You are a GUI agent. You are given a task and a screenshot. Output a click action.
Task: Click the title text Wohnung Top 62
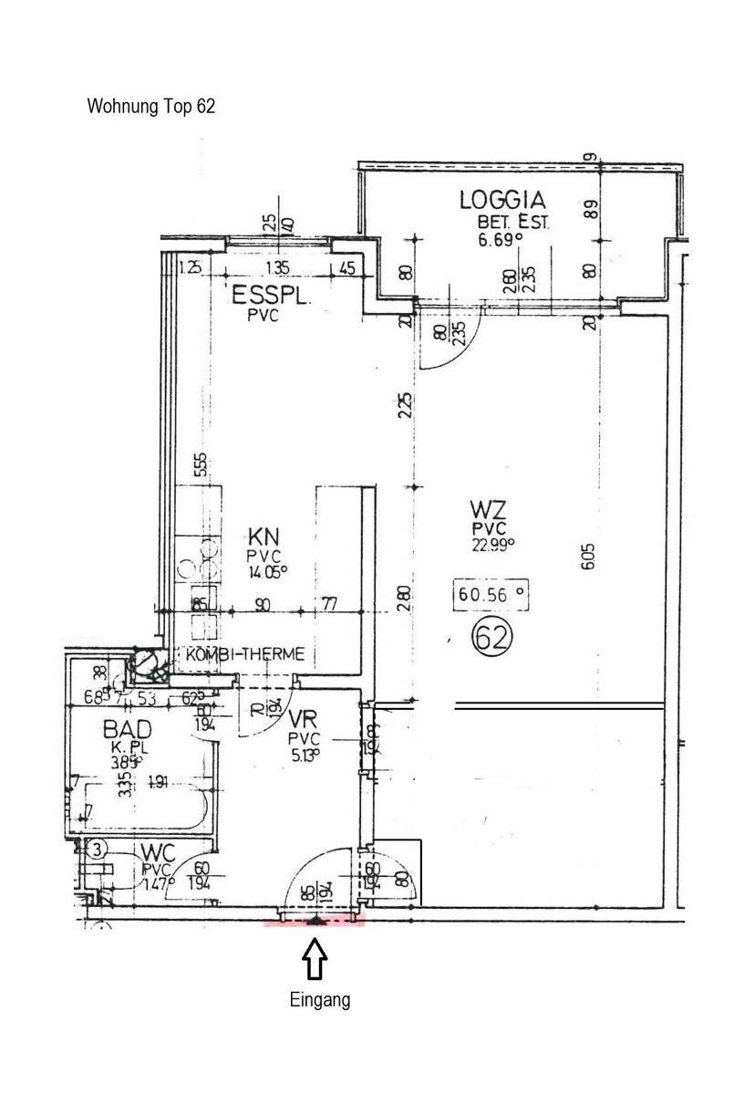(151, 106)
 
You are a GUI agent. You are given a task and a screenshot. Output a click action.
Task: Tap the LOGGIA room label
(501, 200)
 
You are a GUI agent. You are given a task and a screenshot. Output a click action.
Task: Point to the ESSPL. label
(273, 296)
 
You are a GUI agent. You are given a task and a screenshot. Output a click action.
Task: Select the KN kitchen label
(265, 536)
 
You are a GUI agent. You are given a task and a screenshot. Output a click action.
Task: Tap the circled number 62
(491, 637)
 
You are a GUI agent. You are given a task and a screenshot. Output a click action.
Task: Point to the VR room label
(301, 719)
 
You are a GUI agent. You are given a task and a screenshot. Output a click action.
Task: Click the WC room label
(158, 852)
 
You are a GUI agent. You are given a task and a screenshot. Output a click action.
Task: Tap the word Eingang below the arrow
(319, 1000)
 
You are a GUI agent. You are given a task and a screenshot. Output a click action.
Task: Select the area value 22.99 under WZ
(493, 544)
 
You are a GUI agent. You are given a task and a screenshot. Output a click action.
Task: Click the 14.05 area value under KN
(267, 572)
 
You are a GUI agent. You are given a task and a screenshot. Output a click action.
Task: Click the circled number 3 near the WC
(98, 849)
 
